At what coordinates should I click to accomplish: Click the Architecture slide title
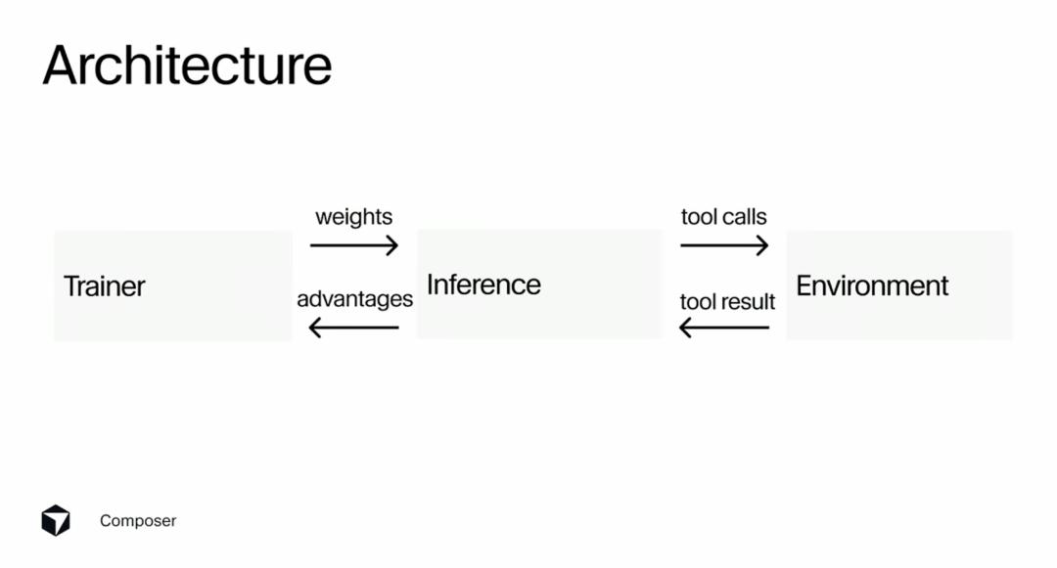tap(187, 66)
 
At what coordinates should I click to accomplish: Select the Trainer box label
tap(105, 286)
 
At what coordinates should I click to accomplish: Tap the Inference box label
tap(483, 284)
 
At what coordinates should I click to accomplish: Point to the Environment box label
tap(872, 286)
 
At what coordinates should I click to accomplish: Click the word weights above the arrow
tap(354, 217)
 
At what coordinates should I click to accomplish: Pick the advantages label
tap(354, 299)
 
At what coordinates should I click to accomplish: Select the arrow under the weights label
tap(354, 245)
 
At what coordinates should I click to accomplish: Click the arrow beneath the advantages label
tap(354, 328)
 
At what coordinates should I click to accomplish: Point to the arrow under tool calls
tap(724, 245)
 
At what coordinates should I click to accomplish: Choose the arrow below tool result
tap(724, 328)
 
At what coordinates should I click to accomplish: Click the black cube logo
tap(55, 520)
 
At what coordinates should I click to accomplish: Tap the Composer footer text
tap(138, 521)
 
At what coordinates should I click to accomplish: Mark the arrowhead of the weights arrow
tap(392, 245)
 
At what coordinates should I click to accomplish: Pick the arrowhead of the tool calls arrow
tap(762, 245)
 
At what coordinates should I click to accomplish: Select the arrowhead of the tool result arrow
tap(685, 328)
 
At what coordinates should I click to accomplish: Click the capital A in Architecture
tap(60, 66)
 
